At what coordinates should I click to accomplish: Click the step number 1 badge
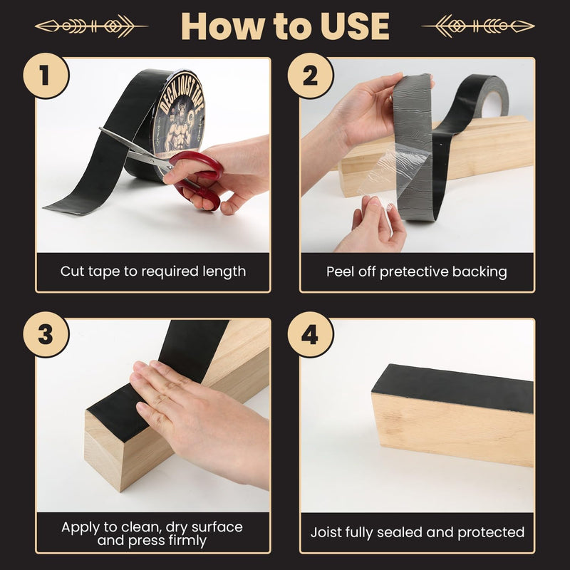tap(46, 76)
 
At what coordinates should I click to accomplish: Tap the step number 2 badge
tap(310, 76)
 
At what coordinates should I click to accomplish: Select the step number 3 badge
tap(46, 334)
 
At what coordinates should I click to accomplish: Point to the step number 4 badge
tap(310, 334)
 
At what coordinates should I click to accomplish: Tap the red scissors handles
tap(197, 179)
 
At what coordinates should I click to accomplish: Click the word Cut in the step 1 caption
tap(73, 271)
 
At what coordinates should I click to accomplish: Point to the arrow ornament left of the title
tap(92, 26)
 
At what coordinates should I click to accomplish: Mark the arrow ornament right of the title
tap(478, 26)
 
